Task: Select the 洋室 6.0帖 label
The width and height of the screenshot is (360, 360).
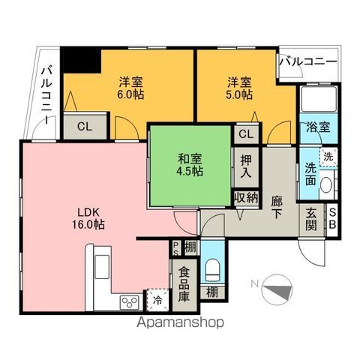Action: (130, 88)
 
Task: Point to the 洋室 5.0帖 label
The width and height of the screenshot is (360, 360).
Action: (238, 88)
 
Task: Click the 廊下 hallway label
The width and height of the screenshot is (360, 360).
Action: (277, 206)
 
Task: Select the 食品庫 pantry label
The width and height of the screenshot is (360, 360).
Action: (184, 284)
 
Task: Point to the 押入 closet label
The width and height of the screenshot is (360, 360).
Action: (246, 166)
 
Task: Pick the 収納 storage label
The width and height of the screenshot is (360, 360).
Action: (245, 198)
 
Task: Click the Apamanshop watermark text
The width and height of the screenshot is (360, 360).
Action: (180, 324)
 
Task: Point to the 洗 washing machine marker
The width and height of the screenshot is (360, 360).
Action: (328, 157)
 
